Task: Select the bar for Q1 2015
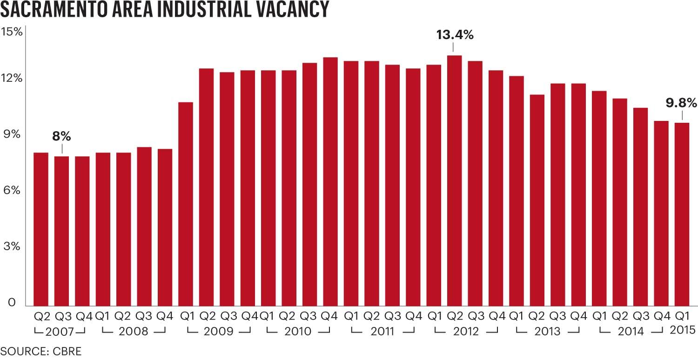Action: point(682,214)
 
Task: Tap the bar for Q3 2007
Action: point(61,231)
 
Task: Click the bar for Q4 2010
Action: point(330,181)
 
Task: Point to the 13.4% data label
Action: point(454,35)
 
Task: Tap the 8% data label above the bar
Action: point(61,136)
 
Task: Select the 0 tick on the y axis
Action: point(12,303)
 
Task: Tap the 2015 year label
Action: point(682,331)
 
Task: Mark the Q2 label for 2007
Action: point(41,317)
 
